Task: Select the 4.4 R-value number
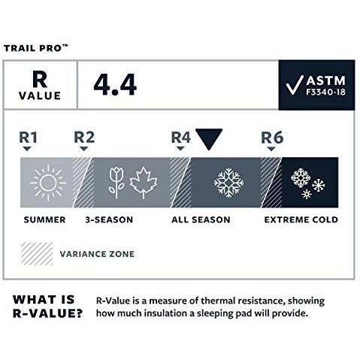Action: click(115, 86)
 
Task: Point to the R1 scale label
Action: click(28, 138)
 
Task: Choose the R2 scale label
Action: click(83, 138)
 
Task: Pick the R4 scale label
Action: click(180, 138)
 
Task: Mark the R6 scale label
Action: click(271, 138)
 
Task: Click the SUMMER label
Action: click(44, 220)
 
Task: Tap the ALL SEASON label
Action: click(201, 220)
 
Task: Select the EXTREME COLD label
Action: click(301, 220)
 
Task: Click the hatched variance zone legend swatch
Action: click(36, 253)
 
